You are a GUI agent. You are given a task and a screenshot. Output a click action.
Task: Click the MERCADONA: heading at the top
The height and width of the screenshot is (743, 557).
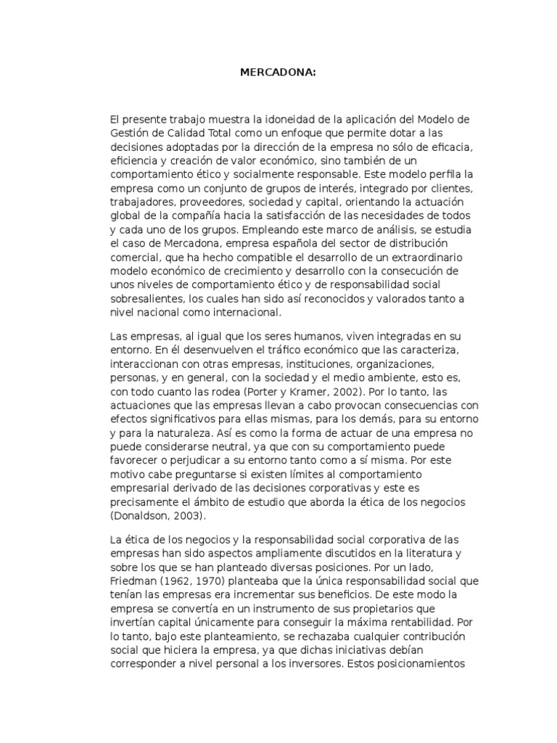pyautogui.click(x=278, y=71)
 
